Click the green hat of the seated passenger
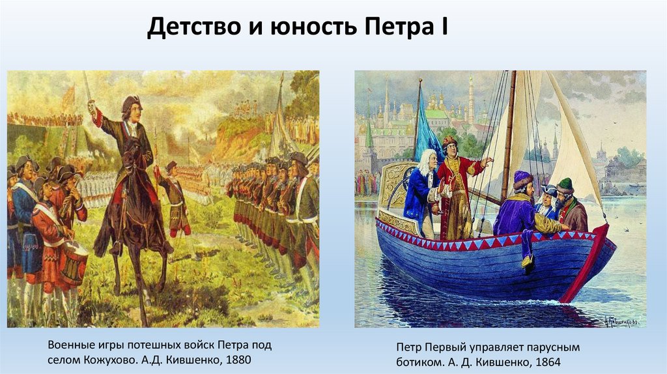click(x=565, y=184)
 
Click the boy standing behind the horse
click(x=174, y=199)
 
